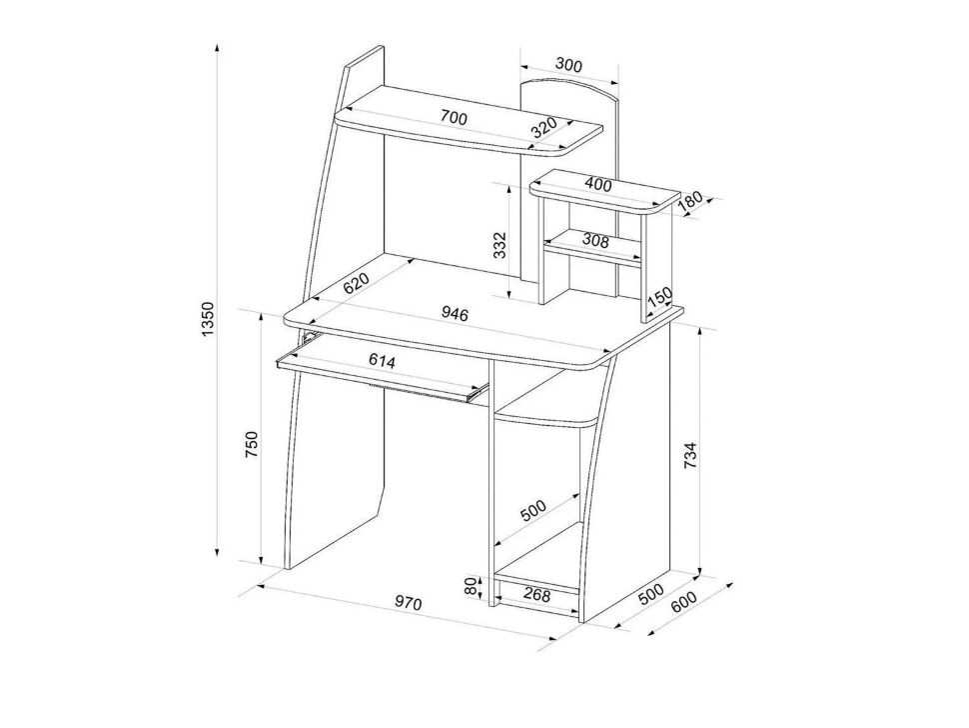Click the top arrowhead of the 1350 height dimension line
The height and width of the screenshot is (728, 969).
218,48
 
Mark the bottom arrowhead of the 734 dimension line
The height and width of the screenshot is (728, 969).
699,570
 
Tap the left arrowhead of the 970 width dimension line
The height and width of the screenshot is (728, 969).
261,585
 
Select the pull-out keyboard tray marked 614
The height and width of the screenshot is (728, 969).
383,369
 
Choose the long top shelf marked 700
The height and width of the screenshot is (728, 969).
468,121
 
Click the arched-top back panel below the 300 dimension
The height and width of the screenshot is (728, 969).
569,186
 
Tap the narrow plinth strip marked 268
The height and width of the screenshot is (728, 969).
536,592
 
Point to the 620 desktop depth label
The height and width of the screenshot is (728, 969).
357,282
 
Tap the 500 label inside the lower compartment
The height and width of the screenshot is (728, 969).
533,511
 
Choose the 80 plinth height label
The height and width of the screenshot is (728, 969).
473,586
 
